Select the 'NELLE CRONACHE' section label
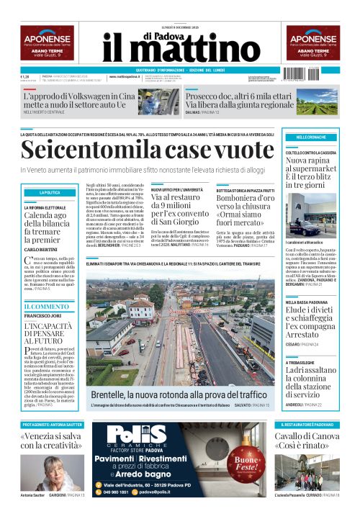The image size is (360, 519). [x=310, y=137]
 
